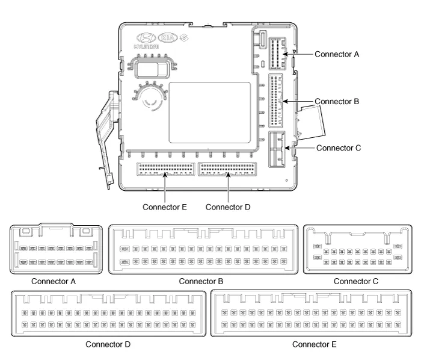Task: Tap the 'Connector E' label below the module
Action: coord(165,207)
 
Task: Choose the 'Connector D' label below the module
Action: coord(228,207)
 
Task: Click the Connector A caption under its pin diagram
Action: coord(58,281)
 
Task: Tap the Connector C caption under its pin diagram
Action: coord(358,281)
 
